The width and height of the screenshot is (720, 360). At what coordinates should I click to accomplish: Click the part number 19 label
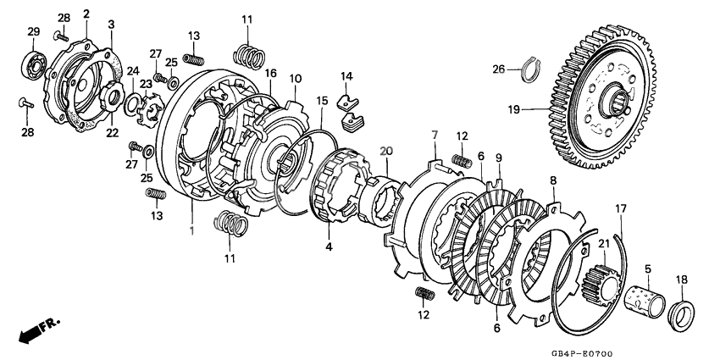[x=514, y=109]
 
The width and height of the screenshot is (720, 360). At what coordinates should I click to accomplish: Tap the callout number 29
[x=33, y=31]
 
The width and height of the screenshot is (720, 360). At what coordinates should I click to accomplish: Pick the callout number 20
[x=387, y=150]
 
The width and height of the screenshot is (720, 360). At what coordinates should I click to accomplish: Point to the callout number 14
[x=346, y=77]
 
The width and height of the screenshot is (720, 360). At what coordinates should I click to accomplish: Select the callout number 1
[x=191, y=230]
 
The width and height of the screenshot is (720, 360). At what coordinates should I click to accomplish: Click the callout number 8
[x=552, y=180]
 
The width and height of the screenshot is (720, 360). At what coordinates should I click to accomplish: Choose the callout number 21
[x=604, y=245]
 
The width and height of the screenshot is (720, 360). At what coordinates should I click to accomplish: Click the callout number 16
[x=270, y=75]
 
